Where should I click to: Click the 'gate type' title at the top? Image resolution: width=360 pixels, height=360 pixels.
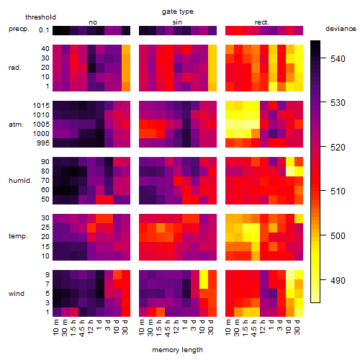[x=178, y=12]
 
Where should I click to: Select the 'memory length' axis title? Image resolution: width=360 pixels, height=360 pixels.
[x=177, y=350]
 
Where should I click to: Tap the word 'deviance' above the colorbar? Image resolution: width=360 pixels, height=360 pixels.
[x=341, y=29]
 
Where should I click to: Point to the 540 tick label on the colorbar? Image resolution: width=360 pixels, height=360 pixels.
[x=338, y=59]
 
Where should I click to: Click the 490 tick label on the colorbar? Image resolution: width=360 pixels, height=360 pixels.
[x=338, y=280]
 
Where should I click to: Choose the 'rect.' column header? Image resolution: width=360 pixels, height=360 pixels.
[x=262, y=22]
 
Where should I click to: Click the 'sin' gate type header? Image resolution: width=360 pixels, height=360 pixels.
[x=177, y=22]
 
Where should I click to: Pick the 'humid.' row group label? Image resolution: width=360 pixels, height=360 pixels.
[x=20, y=181]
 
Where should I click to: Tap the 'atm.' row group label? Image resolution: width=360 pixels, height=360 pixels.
[x=16, y=125]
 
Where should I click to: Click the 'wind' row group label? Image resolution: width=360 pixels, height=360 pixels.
[x=17, y=294]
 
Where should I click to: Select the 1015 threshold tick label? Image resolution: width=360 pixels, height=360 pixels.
[x=41, y=106]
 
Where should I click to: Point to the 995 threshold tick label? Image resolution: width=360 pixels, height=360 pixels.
[x=43, y=143]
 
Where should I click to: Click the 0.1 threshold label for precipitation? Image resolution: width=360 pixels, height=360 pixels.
[x=44, y=30]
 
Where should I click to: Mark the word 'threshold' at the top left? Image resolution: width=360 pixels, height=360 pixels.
[x=40, y=17]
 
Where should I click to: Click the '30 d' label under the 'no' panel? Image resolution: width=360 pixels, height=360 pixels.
[x=125, y=327]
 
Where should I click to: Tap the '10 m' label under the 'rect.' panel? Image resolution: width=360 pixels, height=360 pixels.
[x=228, y=327]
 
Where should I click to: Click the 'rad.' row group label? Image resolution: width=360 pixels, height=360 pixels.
[x=15, y=68]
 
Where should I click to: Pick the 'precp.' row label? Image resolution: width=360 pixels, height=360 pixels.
[x=19, y=29]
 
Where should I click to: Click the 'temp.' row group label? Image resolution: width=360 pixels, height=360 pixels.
[x=18, y=236]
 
